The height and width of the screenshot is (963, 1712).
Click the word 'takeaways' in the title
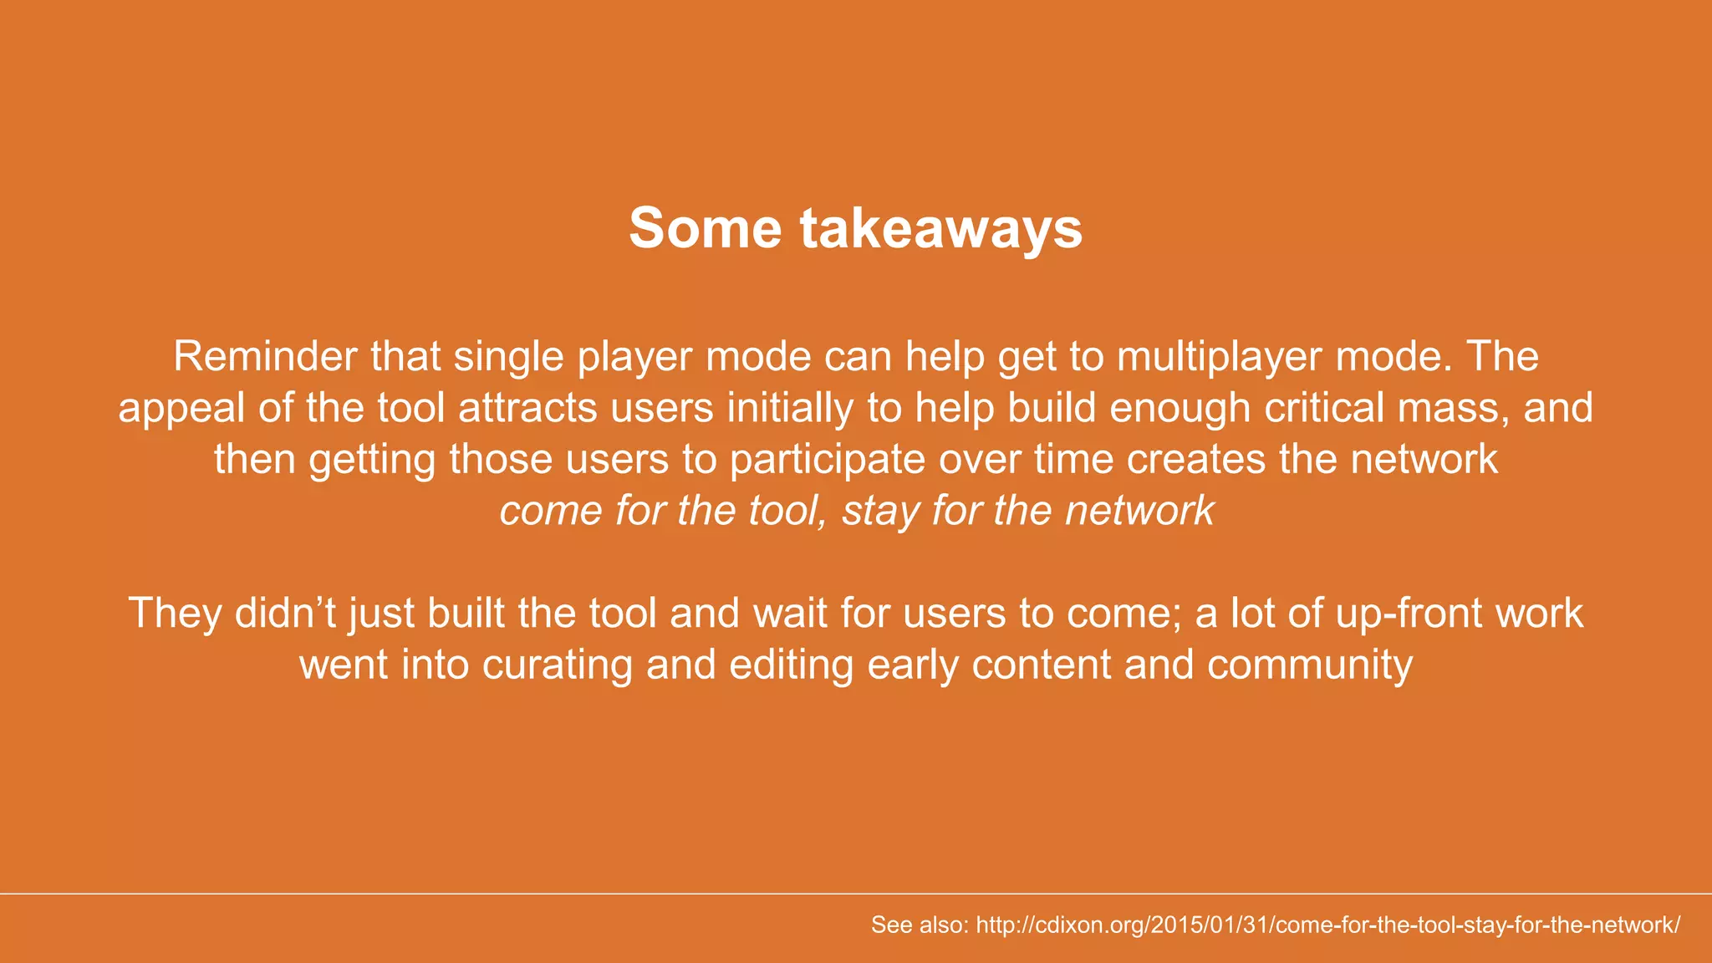[x=941, y=227]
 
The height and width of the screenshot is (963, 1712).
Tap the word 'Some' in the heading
[x=705, y=227]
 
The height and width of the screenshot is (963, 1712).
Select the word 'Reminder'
[x=265, y=356]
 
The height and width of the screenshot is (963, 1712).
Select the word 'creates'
[x=1195, y=459]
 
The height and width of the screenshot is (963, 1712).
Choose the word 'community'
[x=1309, y=665]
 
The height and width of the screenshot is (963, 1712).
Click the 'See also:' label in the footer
[x=920, y=925]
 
